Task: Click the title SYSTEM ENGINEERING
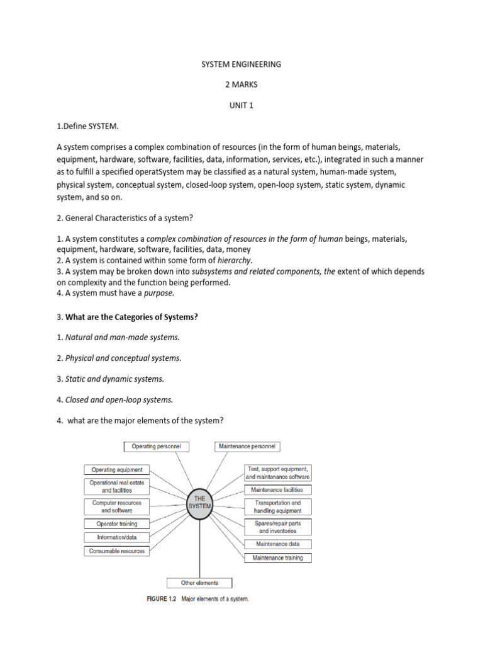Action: click(241, 64)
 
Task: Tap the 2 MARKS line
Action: click(241, 85)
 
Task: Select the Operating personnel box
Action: click(156, 447)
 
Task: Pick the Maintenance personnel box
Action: click(247, 447)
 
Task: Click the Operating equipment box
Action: click(117, 469)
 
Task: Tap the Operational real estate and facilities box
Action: click(117, 486)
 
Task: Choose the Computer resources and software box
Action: click(117, 506)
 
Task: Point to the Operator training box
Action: click(117, 523)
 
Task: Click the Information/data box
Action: click(117, 537)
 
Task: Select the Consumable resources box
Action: click(117, 551)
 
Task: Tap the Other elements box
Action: click(199, 583)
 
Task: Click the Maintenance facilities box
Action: click(277, 489)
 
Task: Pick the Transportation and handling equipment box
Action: click(277, 506)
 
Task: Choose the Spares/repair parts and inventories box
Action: click(277, 527)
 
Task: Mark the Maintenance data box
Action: click(277, 544)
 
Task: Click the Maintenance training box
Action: click(277, 558)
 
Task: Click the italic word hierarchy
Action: click(235, 260)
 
